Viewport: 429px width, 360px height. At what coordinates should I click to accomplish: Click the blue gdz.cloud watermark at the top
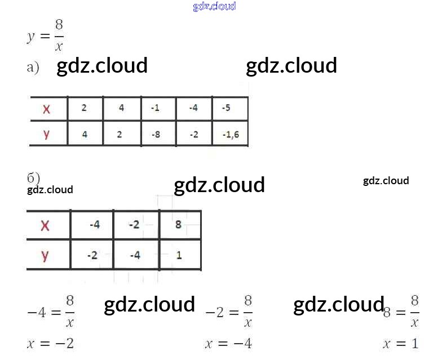[214, 6]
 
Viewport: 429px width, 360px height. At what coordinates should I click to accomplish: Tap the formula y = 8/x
[46, 35]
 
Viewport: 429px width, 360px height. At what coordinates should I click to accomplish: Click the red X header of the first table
[46, 109]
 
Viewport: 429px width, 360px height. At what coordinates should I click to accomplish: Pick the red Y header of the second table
[45, 255]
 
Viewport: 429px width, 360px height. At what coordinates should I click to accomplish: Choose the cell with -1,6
[230, 135]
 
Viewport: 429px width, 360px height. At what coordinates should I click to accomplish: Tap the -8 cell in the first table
[156, 135]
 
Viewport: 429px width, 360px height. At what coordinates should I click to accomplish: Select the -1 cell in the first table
[156, 108]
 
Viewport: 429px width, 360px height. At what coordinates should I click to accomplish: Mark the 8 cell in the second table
[179, 225]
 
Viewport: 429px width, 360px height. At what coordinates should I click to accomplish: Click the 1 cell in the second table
[179, 255]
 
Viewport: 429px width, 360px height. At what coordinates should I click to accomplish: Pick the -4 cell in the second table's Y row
[135, 255]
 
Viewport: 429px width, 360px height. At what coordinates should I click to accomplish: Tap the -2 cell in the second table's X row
[134, 225]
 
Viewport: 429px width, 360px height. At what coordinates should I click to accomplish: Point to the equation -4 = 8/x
[51, 311]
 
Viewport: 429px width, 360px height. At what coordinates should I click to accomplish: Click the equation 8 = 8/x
[401, 311]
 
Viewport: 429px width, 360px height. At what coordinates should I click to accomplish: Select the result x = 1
[401, 343]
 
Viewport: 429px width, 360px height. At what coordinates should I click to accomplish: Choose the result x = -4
[228, 343]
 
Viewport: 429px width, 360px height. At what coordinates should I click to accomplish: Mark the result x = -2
[50, 343]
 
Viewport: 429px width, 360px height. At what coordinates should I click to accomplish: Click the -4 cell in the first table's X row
[193, 108]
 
